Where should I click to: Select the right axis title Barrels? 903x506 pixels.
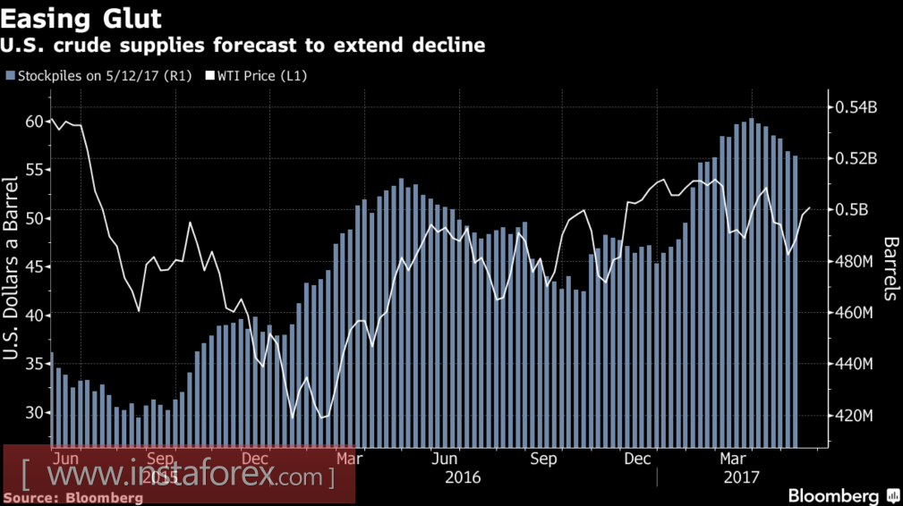[890, 268]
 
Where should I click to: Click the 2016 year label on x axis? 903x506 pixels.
[463, 477]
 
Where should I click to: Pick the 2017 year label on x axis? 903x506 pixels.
[742, 477]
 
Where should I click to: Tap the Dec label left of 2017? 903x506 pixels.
[636, 459]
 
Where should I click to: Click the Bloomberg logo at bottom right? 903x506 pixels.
[833, 495]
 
